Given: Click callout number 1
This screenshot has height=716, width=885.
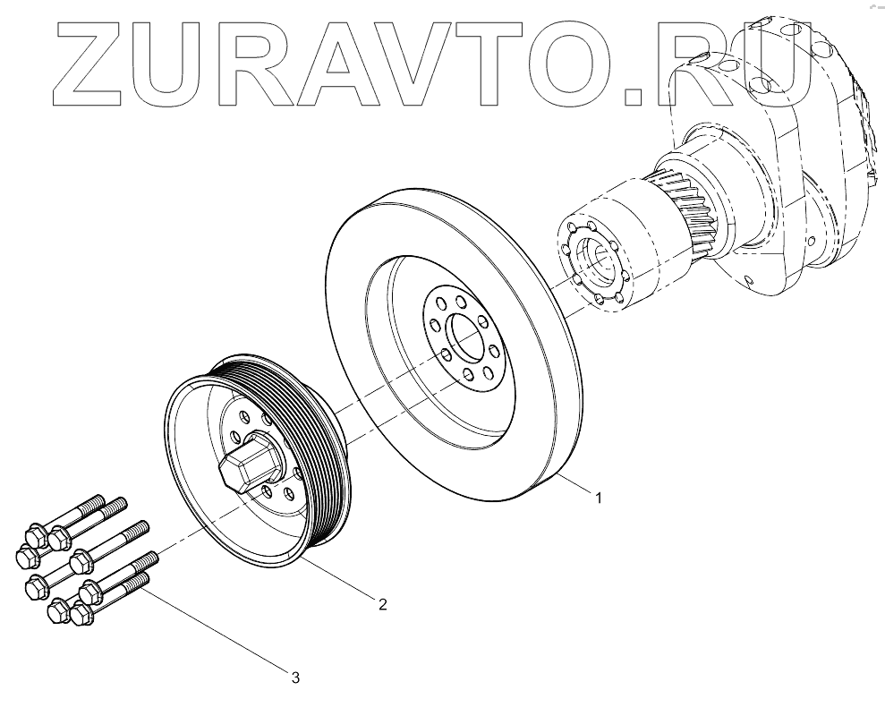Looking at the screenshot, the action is (599, 497).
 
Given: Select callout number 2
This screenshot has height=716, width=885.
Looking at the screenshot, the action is (382, 604).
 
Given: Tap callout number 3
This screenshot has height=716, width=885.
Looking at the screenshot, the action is (295, 678).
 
